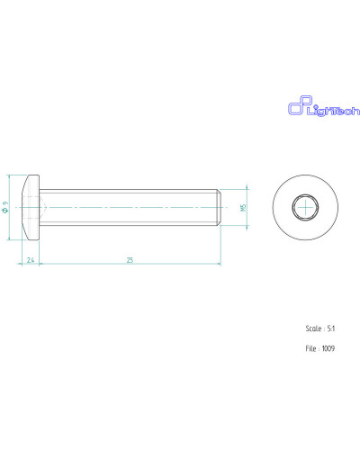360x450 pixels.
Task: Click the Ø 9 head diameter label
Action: pos(4,207)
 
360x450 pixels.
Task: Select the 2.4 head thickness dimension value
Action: pos(31,260)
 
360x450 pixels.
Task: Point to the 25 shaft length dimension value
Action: pos(130,260)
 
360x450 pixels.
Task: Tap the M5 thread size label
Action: pos(243,207)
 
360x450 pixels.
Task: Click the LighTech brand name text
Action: pos(333,112)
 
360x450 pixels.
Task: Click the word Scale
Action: pos(313,328)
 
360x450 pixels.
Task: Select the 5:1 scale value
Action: pos(331,328)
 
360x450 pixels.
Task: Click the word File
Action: pos(310,348)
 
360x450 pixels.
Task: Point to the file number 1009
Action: pos(328,348)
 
